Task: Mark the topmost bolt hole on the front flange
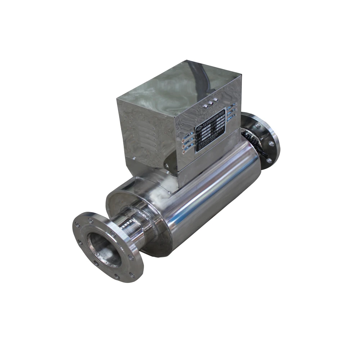[x=91, y=218]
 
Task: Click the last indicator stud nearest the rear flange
[x=215, y=99]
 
